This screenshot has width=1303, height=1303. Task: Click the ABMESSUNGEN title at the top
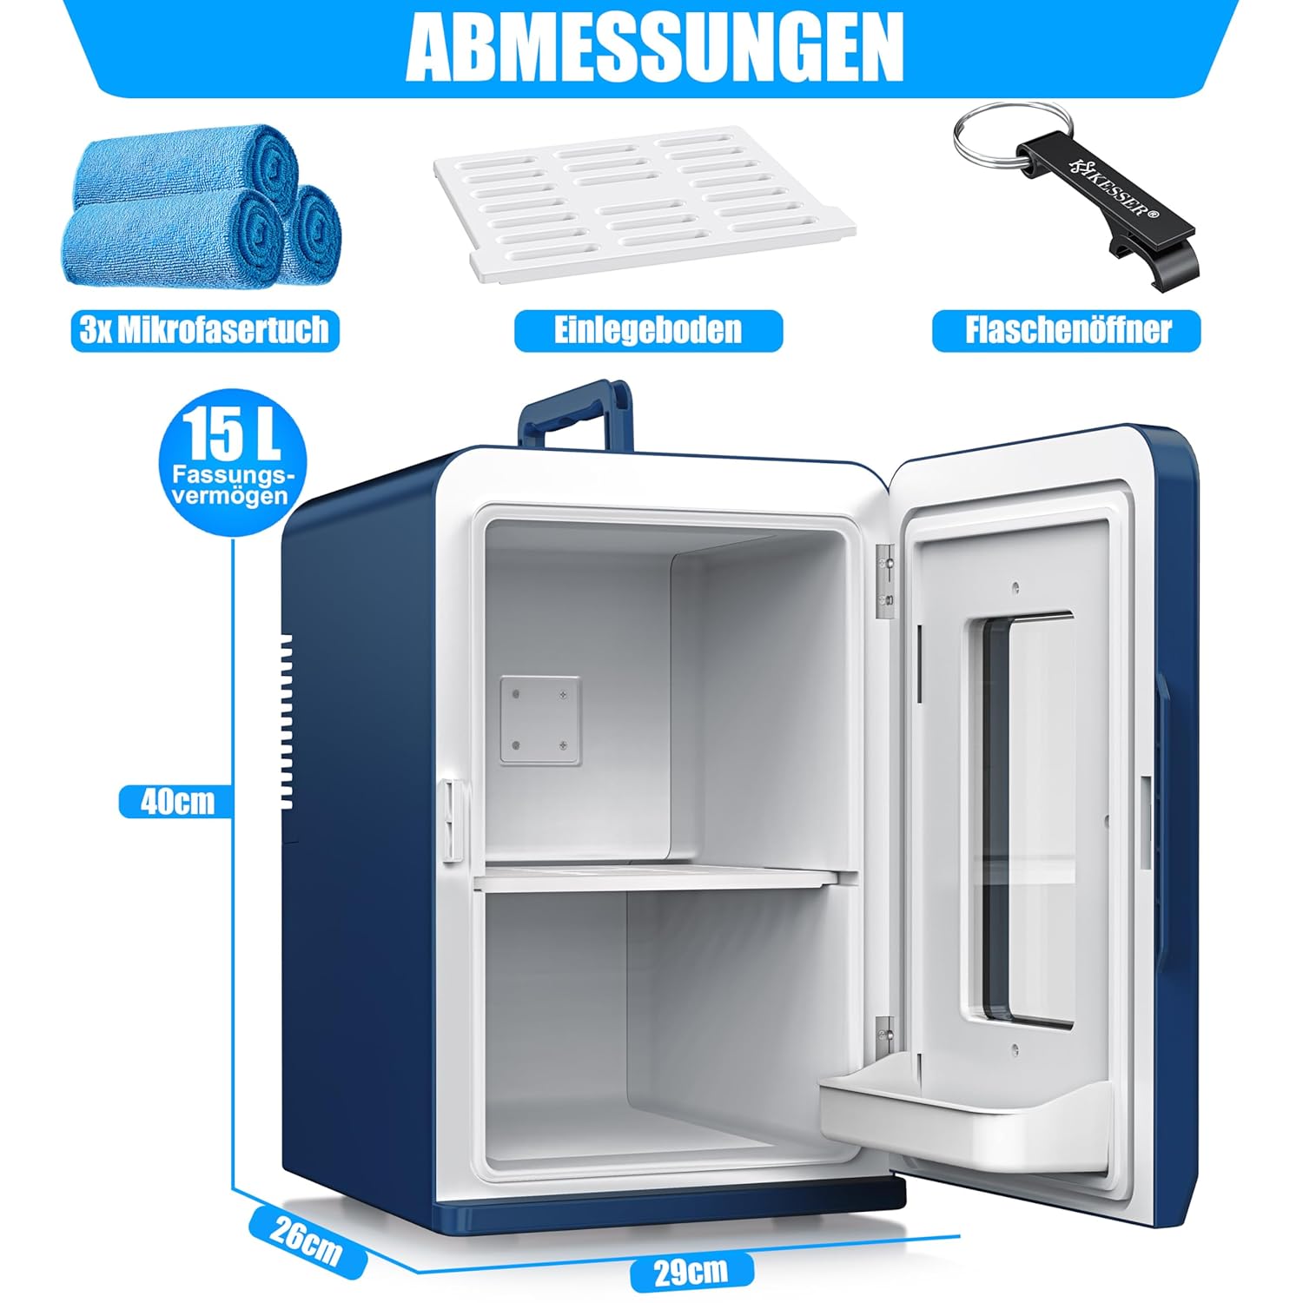point(654,48)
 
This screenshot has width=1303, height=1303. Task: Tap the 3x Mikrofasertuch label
point(205,331)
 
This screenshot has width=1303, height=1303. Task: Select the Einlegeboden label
point(648,331)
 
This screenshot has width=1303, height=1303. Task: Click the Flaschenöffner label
point(1067,331)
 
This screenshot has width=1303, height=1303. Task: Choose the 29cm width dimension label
point(691,1272)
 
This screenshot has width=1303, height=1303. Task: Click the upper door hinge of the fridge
point(885,583)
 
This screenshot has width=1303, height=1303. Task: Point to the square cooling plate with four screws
point(539,720)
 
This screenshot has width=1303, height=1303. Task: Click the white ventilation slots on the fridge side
point(286,721)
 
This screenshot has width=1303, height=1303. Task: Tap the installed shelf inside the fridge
point(656,880)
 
